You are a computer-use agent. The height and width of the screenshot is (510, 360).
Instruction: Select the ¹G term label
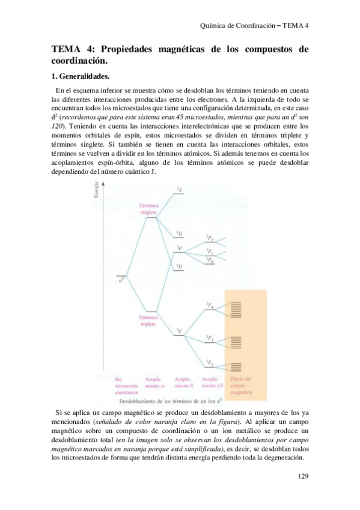179,233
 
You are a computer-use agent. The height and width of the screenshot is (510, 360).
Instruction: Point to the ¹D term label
179,266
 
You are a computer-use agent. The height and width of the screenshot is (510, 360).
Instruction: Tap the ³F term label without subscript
180,331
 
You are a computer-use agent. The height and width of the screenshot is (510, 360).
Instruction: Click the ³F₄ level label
210,306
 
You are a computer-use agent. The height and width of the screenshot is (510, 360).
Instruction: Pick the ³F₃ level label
210,338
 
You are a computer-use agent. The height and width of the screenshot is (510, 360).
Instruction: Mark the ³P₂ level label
209,238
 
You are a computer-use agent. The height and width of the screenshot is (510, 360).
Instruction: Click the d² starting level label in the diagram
121,278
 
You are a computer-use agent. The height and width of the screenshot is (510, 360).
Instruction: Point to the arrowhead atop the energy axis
105,185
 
